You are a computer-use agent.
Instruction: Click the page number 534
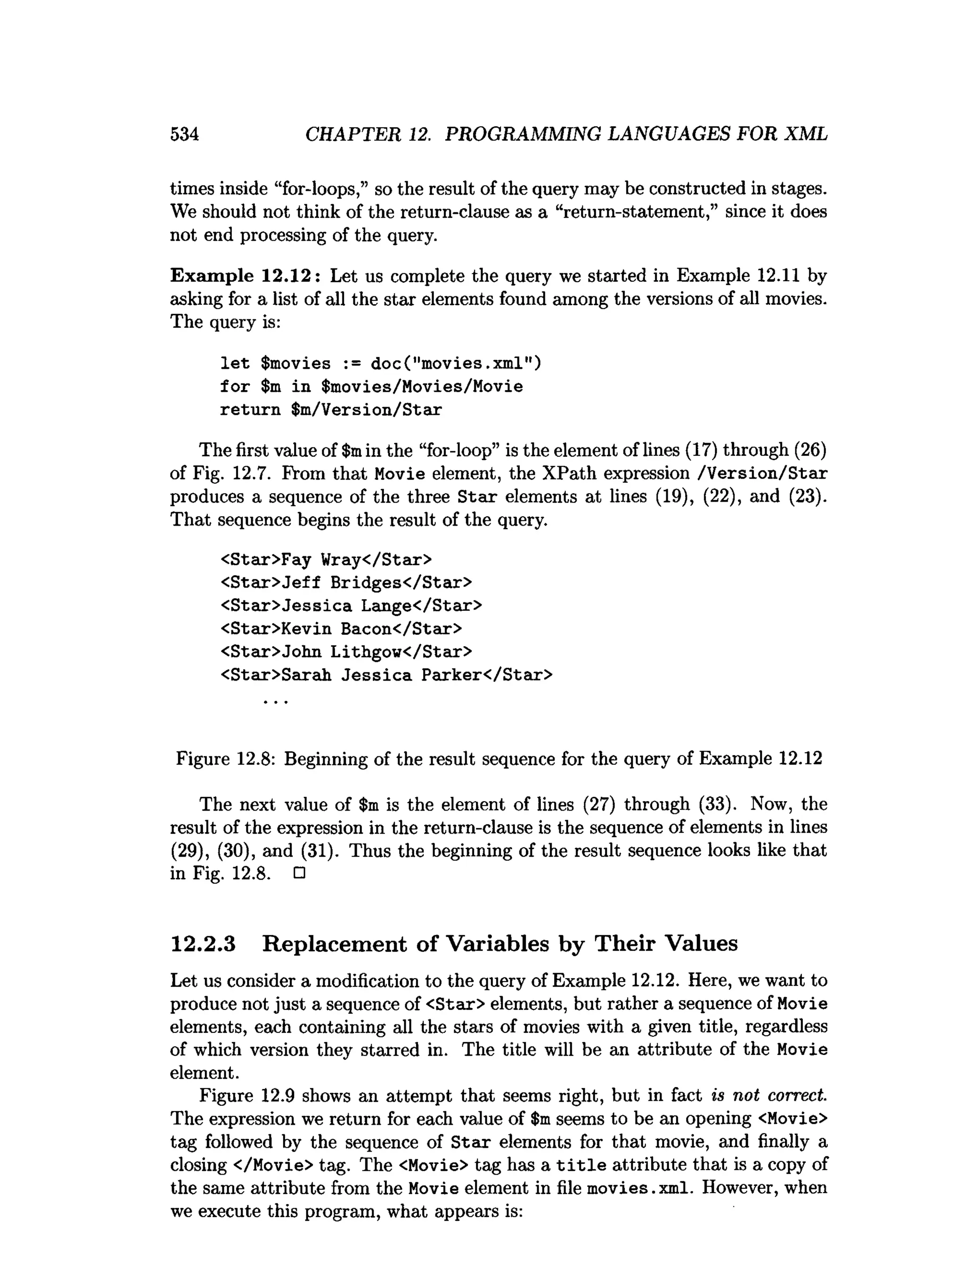pyautogui.click(x=184, y=134)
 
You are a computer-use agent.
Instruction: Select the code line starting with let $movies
pyautogui.click(x=380, y=364)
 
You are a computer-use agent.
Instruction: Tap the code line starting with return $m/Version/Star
pyautogui.click(x=331, y=410)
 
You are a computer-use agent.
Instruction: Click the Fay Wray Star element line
pyautogui.click(x=326, y=560)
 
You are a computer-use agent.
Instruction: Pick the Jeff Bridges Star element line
pyautogui.click(x=346, y=583)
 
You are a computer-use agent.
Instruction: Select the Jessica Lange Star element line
pyautogui.click(x=351, y=606)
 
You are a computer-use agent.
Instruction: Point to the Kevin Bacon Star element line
pyautogui.click(x=341, y=629)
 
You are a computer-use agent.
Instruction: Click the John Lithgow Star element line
pyautogui.click(x=346, y=652)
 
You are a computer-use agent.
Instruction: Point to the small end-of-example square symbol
pyautogui.click(x=299, y=874)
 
